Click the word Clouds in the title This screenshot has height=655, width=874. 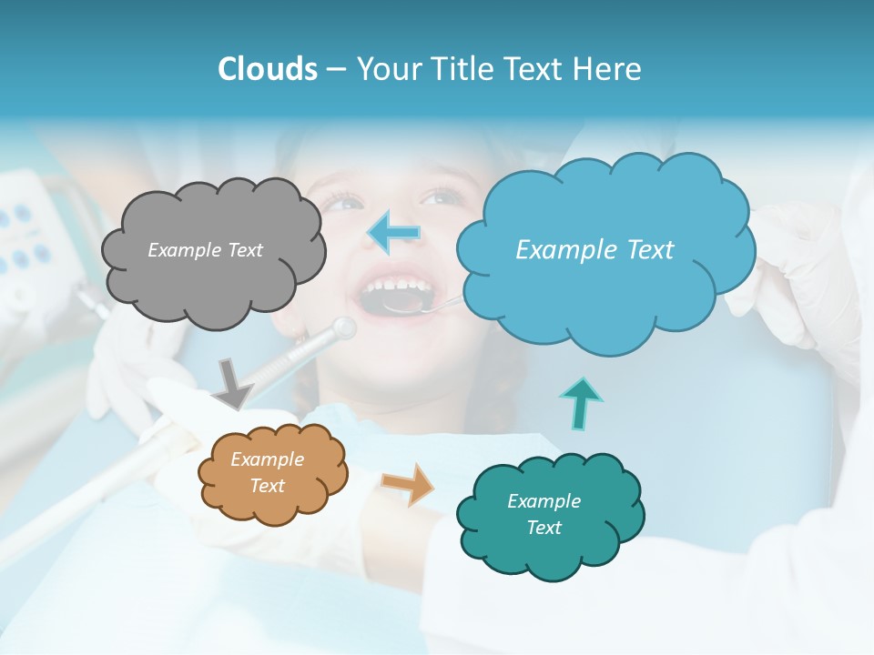268,69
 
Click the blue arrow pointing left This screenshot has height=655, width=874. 394,233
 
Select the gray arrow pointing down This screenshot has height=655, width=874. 233,383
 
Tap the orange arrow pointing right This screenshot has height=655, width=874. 408,483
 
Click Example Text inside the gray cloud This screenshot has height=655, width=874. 205,250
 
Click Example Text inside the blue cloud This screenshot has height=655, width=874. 595,250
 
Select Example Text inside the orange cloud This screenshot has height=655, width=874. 267,473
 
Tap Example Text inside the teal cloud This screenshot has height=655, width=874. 544,514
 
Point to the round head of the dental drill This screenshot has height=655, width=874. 344,327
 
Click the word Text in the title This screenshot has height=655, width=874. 537,69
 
